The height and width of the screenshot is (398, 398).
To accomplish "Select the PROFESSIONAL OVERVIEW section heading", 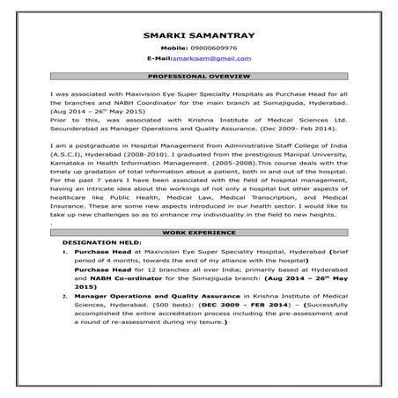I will [198, 77].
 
